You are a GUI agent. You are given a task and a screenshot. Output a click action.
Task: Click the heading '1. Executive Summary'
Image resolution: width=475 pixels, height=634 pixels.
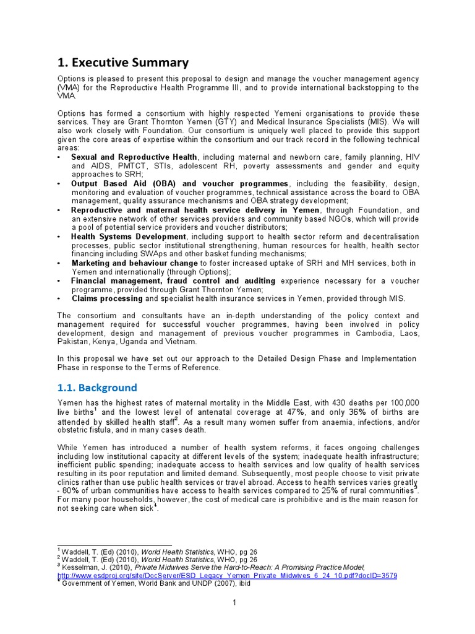123,62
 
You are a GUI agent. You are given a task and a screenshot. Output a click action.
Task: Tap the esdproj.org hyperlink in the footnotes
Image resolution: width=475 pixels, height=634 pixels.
228,575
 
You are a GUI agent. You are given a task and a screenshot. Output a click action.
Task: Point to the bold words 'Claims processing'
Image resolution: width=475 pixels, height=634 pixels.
107,298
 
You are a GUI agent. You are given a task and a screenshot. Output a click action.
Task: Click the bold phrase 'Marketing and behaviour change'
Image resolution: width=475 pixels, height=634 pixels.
135,263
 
